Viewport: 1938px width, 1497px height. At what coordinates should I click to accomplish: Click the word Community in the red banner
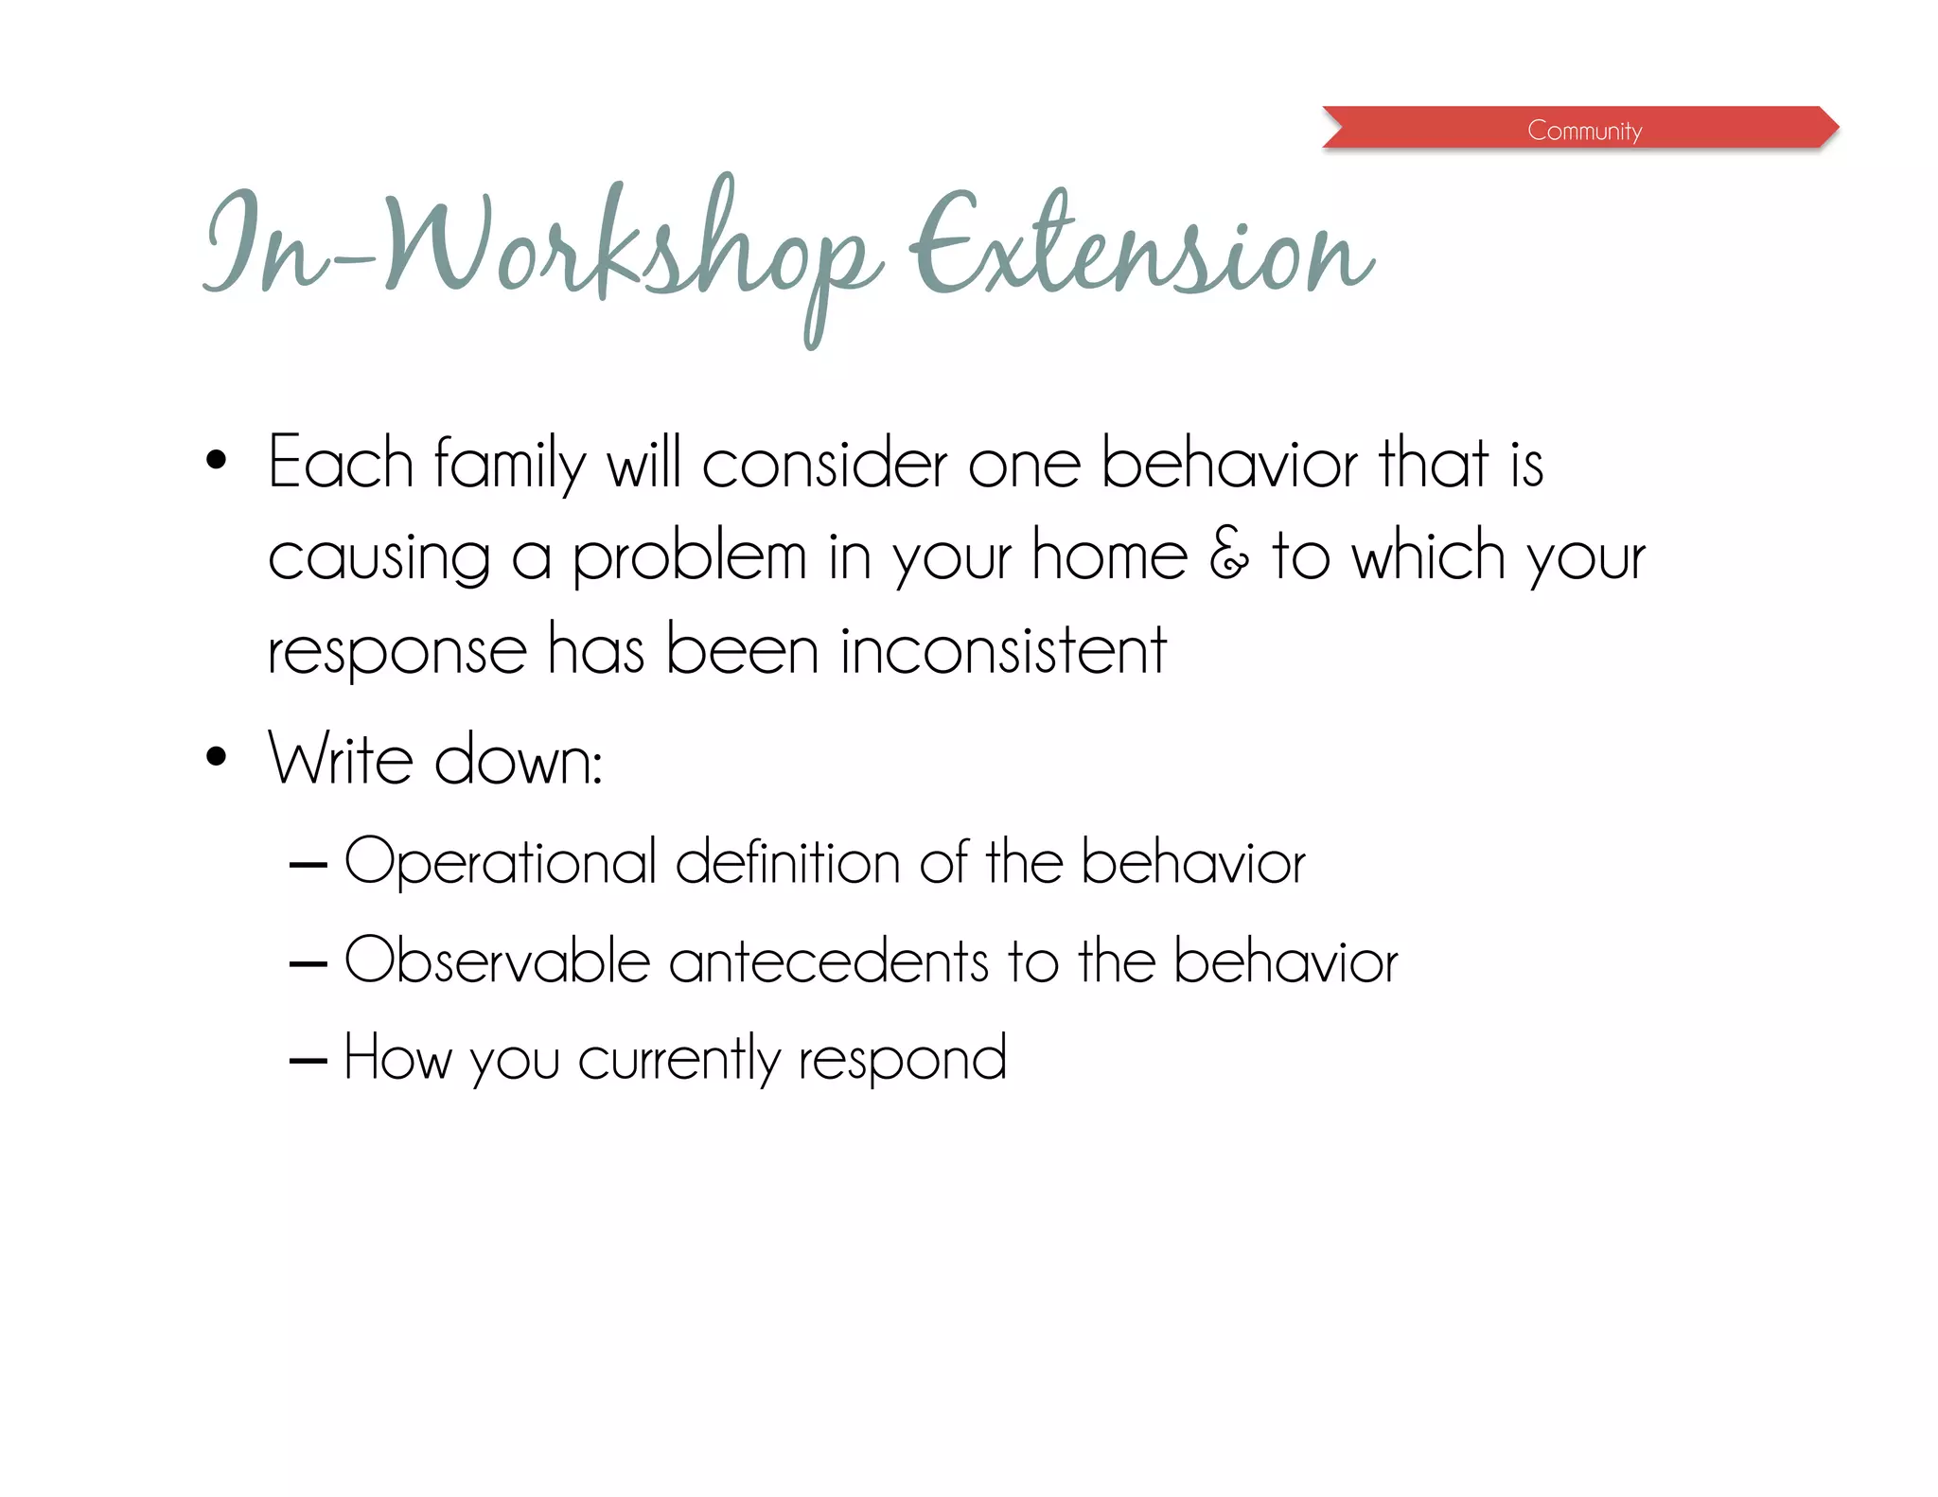(x=1584, y=130)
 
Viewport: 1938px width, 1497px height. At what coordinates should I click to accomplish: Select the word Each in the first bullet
(x=341, y=463)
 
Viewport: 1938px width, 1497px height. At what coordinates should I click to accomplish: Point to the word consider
(x=824, y=463)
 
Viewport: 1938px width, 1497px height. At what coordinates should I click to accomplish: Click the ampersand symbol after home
(x=1229, y=555)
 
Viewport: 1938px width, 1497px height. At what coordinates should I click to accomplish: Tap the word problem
(x=689, y=558)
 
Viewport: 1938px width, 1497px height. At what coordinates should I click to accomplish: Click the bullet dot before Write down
(x=217, y=756)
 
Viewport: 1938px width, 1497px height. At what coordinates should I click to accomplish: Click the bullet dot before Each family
(x=217, y=461)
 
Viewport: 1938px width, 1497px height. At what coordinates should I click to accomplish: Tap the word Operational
(x=500, y=863)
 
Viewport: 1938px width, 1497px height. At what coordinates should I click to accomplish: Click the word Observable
(x=497, y=960)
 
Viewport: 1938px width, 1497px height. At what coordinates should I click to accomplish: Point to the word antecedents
(x=829, y=961)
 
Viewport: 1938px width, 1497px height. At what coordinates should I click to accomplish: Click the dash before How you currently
(x=308, y=1062)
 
